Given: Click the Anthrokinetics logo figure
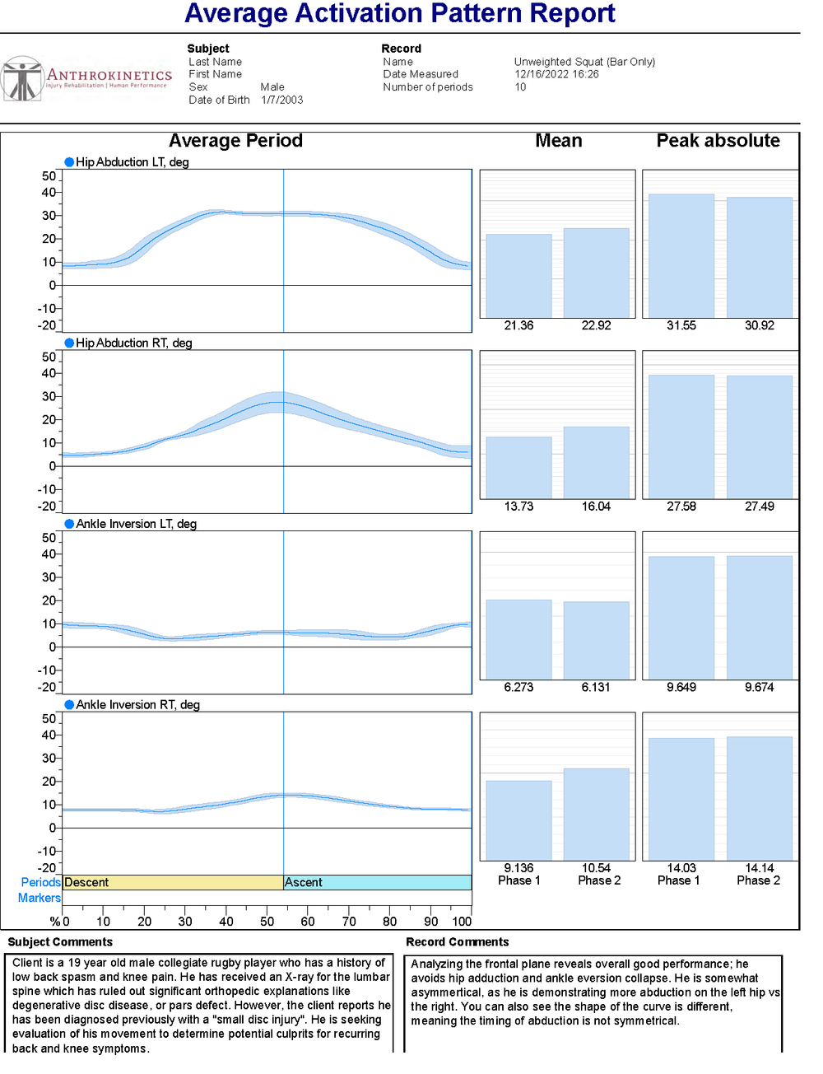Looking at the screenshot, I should click(x=22, y=80).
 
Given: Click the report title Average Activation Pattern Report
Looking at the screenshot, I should click(x=400, y=14).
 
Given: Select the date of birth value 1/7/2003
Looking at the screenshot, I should click(x=282, y=100).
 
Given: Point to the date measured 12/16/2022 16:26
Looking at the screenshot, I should click(x=556, y=74).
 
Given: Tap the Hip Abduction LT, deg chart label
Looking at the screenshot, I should click(x=132, y=162).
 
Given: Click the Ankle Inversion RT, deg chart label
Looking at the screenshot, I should click(x=137, y=705).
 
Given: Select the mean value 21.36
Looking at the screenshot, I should click(x=518, y=325).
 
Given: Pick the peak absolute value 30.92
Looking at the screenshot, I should click(x=759, y=325).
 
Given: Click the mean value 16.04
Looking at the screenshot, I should click(x=596, y=507).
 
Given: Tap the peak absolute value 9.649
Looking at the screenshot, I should click(x=681, y=687).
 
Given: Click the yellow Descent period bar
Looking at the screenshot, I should click(x=173, y=882).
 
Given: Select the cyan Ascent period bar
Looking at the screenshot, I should click(x=377, y=882).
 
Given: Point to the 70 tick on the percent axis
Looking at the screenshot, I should click(x=349, y=922).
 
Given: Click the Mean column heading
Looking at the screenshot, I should click(x=558, y=141).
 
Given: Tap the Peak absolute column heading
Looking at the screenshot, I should click(x=718, y=141).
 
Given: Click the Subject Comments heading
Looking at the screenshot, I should click(x=60, y=942).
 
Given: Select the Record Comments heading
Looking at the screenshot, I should click(x=457, y=942).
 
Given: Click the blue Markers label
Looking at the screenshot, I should click(x=40, y=898).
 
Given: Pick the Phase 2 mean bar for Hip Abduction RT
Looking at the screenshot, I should click(x=596, y=462).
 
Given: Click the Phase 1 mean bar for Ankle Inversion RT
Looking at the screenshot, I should click(x=518, y=820).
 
